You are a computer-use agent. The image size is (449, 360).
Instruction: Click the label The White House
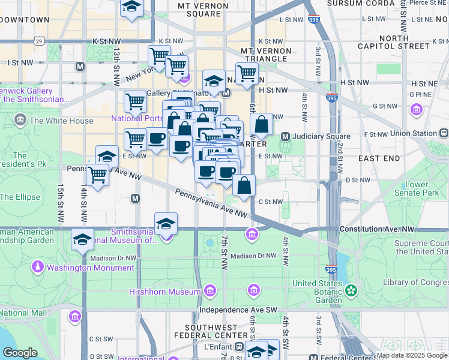[x=61, y=121]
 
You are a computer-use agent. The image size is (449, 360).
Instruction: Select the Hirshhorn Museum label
[x=164, y=292]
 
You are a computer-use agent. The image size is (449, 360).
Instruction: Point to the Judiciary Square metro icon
[x=285, y=136]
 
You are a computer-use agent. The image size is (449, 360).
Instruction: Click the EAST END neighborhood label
[x=379, y=158]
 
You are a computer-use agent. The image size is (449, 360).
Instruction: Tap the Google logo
[x=20, y=353]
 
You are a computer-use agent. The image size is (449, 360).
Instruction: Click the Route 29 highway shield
[x=39, y=41]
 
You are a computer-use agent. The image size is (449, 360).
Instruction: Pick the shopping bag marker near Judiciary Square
[x=262, y=124]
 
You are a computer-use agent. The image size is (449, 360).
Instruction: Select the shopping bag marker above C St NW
[x=244, y=185]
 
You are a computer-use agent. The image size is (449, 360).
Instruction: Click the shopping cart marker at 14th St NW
[x=97, y=175]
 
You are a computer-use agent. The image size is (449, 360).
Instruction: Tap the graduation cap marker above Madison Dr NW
[x=82, y=239]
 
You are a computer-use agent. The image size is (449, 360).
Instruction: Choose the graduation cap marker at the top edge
[x=131, y=7]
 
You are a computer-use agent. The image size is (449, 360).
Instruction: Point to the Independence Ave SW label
[x=239, y=310]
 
